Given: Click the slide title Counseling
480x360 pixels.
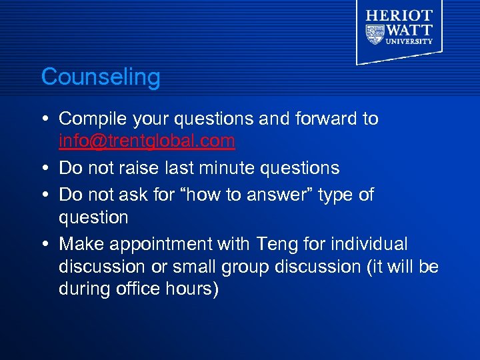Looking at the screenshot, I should pos(101,77).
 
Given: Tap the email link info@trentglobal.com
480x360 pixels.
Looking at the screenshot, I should pos(147,141).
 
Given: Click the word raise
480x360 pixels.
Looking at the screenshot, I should pos(153,168).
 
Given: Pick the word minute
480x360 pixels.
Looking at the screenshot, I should pos(250,168).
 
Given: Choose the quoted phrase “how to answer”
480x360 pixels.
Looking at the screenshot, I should pos(238,195).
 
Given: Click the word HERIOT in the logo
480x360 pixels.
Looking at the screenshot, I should pos(399,15).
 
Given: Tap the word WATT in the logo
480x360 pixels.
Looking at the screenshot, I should pos(409,30).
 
